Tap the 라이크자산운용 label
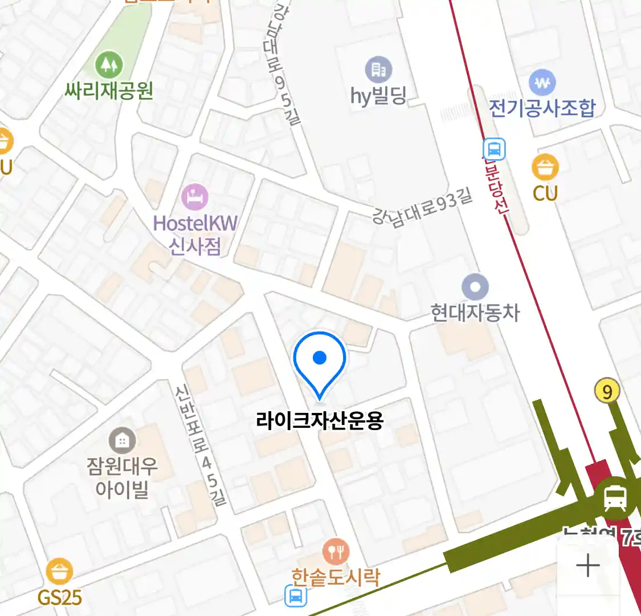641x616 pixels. click(320, 421)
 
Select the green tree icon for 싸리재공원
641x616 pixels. click(109, 64)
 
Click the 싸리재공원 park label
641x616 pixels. click(109, 90)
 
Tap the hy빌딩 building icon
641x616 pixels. click(378, 70)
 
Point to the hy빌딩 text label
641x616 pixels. click(378, 96)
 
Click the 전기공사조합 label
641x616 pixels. click(542, 108)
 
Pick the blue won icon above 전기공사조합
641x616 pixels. click(542, 82)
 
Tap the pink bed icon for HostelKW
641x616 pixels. click(195, 197)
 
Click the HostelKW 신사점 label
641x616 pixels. click(195, 234)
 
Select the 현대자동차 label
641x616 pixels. click(475, 313)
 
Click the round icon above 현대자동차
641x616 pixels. click(475, 286)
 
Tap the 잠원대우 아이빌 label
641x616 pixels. click(122, 477)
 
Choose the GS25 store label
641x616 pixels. click(59, 597)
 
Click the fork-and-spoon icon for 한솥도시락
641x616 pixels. click(336, 552)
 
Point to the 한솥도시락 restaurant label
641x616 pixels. click(336, 578)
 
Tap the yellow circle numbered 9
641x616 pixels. click(607, 392)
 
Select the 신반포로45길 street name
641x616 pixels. click(201, 445)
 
